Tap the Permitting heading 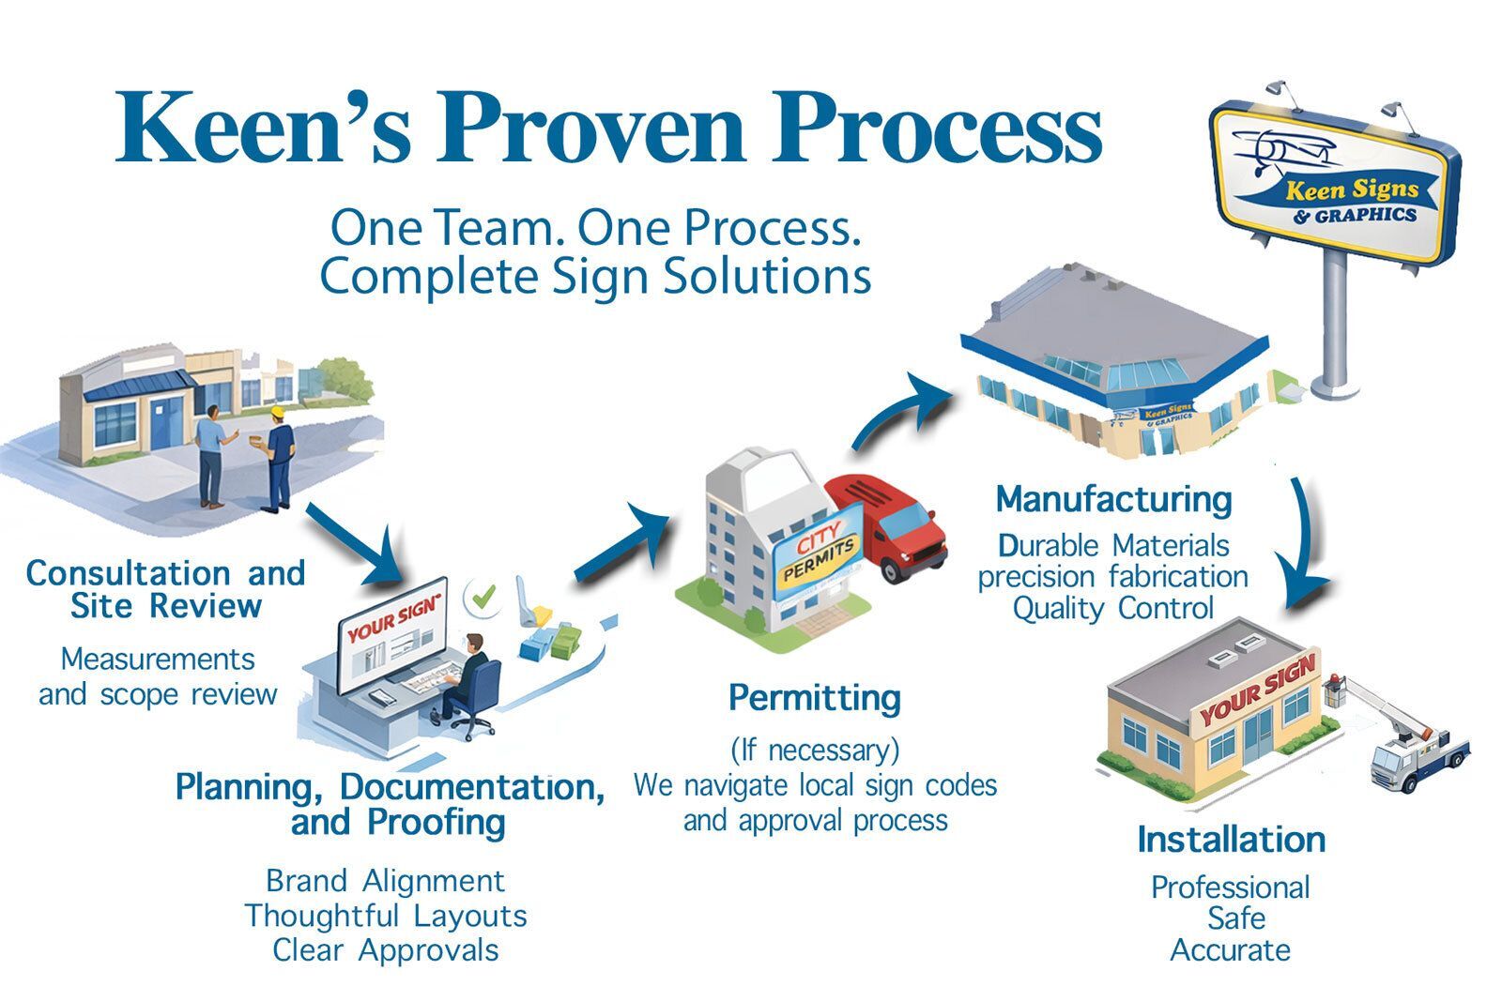click(x=815, y=698)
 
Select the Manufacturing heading click(x=1113, y=499)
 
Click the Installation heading click(x=1231, y=839)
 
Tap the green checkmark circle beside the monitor click(x=484, y=598)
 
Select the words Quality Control click(x=1113, y=608)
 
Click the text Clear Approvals click(x=385, y=950)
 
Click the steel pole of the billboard click(x=1334, y=319)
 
